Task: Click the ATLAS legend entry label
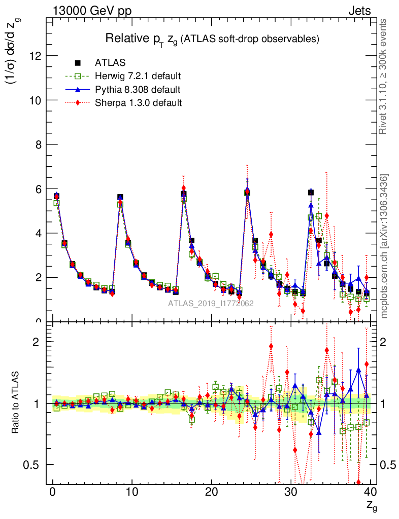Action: (x=110, y=63)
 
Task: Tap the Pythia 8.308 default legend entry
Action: (x=138, y=90)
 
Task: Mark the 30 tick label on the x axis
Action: (x=291, y=492)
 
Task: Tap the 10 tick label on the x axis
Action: (x=132, y=492)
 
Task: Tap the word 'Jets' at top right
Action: (x=359, y=11)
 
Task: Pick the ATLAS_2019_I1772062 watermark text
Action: (x=211, y=304)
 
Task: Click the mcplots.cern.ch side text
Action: (x=385, y=246)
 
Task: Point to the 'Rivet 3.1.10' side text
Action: (x=384, y=77)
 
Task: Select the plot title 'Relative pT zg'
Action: (x=212, y=39)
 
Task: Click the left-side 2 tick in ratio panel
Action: (x=37, y=342)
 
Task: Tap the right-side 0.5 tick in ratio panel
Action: (x=388, y=465)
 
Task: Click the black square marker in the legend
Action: (x=78, y=63)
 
